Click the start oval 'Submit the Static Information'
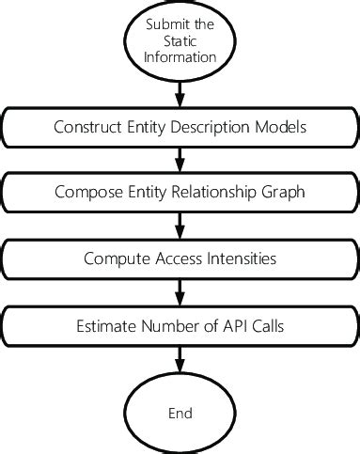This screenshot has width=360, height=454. pyautogui.click(x=180, y=42)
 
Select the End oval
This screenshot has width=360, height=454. pyautogui.click(x=180, y=414)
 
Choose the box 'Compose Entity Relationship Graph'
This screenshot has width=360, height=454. pyautogui.click(x=180, y=193)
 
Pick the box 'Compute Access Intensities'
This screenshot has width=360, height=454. pyautogui.click(x=180, y=258)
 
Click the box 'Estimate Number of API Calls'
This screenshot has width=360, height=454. pyautogui.click(x=180, y=327)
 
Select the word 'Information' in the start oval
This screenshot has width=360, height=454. pyautogui.click(x=180, y=57)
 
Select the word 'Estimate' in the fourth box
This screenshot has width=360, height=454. pyautogui.click(x=105, y=327)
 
